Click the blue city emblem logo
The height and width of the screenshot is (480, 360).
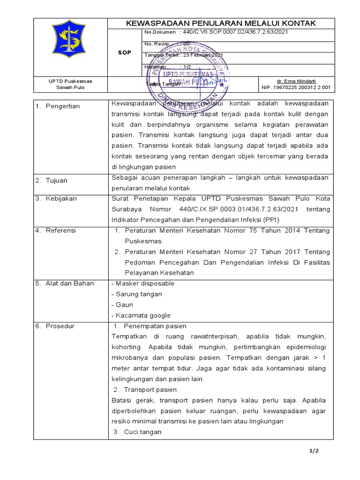tap(70, 47)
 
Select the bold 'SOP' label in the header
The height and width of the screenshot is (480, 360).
tap(124, 52)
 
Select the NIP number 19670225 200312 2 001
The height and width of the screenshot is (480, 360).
tap(296, 87)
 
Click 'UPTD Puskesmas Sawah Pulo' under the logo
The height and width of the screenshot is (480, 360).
tap(70, 84)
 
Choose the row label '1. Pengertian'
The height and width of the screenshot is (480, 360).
tap(58, 106)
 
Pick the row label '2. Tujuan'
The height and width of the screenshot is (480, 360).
tap(52, 180)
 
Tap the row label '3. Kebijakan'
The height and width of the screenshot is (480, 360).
tap(57, 198)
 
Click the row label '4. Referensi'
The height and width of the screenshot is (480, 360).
tap(56, 231)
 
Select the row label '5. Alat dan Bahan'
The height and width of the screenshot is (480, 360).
tap(65, 283)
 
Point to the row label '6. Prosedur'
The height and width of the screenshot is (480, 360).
tap(55, 326)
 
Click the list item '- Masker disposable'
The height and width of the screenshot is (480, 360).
tap(142, 284)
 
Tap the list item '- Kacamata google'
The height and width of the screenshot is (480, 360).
tap(141, 315)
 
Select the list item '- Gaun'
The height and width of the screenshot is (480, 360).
tap(122, 305)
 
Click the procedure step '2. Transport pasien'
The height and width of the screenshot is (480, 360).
tap(145, 390)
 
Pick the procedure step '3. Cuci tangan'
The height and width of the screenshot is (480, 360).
tap(138, 432)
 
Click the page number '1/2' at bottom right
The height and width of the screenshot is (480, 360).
tap(314, 451)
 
